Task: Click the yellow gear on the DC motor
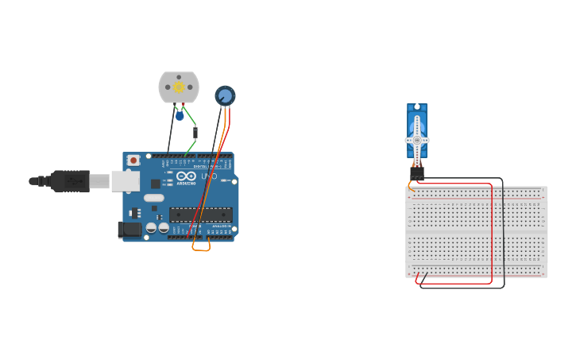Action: click(179, 87)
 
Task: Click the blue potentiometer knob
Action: click(225, 96)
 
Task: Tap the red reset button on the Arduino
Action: click(133, 161)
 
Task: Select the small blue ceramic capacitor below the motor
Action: click(180, 116)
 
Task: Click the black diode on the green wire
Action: click(195, 132)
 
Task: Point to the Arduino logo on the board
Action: click(186, 176)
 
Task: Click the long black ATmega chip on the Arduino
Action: click(200, 214)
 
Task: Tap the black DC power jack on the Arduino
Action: click(130, 230)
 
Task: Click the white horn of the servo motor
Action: click(417, 140)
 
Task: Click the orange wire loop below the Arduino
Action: click(201, 249)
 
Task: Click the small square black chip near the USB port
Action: click(156, 184)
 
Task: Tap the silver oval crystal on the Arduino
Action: click(154, 198)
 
